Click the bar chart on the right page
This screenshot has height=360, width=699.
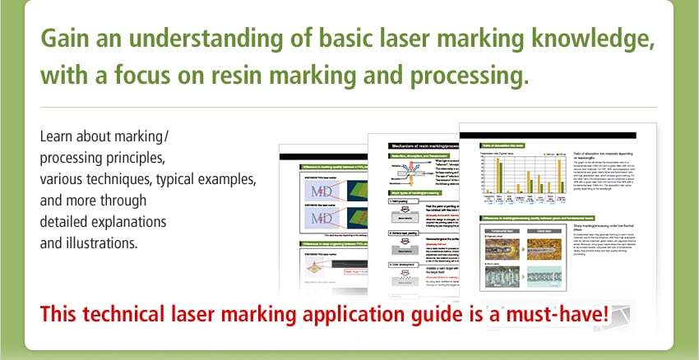pyautogui.click(x=517, y=176)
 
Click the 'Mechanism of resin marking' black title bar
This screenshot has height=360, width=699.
pyautogui.click(x=419, y=145)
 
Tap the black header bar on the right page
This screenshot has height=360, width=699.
pyautogui.click(x=547, y=133)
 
